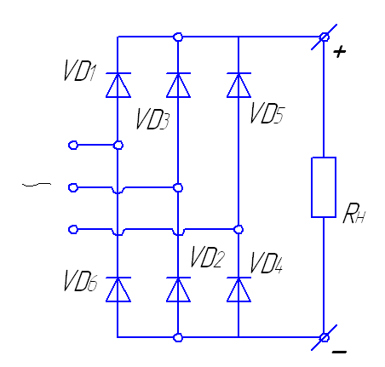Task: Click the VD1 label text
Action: coord(80,71)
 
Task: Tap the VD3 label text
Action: coord(152,119)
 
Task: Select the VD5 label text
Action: coord(267,113)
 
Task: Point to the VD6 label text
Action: coord(80,280)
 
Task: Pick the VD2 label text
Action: coord(207,257)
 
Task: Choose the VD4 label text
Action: coord(267,263)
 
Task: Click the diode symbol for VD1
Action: coord(118,85)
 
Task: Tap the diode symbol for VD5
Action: coord(238,85)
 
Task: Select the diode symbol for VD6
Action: coord(118,290)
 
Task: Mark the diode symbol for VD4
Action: coord(238,290)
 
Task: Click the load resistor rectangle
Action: coord(324,187)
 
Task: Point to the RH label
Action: coord(353,214)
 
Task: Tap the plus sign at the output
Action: coord(340,52)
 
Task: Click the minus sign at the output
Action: coord(339,352)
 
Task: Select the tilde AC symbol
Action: coord(37,185)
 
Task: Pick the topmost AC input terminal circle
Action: coord(73,146)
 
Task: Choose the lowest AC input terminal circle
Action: coord(73,229)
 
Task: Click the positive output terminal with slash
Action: coord(324,37)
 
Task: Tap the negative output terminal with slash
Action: coord(324,338)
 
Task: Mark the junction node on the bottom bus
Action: coord(178,338)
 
